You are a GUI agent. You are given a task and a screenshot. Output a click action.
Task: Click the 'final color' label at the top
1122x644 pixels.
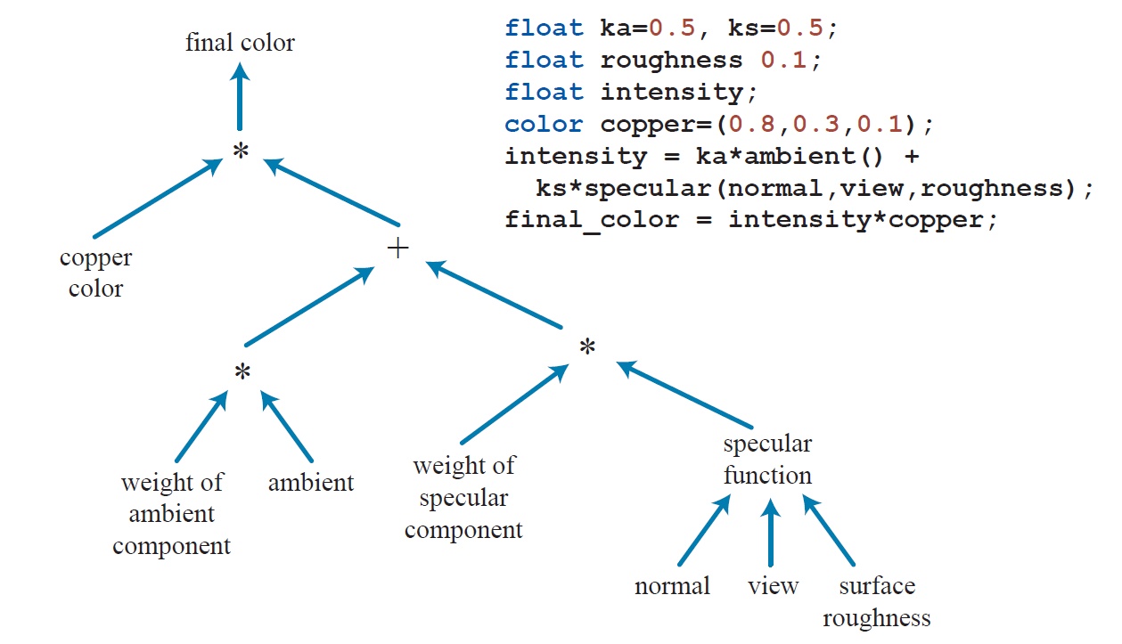click(x=240, y=43)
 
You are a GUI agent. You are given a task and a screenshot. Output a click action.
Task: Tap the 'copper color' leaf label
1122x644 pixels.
click(x=95, y=273)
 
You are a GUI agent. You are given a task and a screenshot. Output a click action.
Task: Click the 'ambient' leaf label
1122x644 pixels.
click(x=311, y=483)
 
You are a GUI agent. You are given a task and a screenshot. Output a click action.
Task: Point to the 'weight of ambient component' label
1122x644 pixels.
click(x=171, y=515)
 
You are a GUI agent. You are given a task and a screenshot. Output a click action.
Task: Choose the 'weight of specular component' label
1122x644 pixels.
click(x=463, y=498)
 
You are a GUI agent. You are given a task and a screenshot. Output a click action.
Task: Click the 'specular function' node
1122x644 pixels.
click(x=767, y=460)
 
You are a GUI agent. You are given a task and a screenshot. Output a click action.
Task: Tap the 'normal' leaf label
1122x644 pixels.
click(x=672, y=586)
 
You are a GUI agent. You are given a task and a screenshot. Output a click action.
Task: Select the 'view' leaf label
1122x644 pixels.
click(x=773, y=586)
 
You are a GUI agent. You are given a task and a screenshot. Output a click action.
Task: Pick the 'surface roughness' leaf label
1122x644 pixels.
click(x=877, y=601)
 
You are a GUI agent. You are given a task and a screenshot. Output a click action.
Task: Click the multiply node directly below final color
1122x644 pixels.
click(x=240, y=152)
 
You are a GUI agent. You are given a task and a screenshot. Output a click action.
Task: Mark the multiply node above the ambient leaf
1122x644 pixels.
click(x=242, y=373)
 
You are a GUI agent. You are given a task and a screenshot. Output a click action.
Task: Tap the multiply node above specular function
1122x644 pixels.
click(x=586, y=347)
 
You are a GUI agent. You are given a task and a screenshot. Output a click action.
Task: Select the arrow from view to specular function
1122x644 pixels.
click(x=772, y=534)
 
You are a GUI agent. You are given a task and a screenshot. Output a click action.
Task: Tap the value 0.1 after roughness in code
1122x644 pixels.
click(x=785, y=60)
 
